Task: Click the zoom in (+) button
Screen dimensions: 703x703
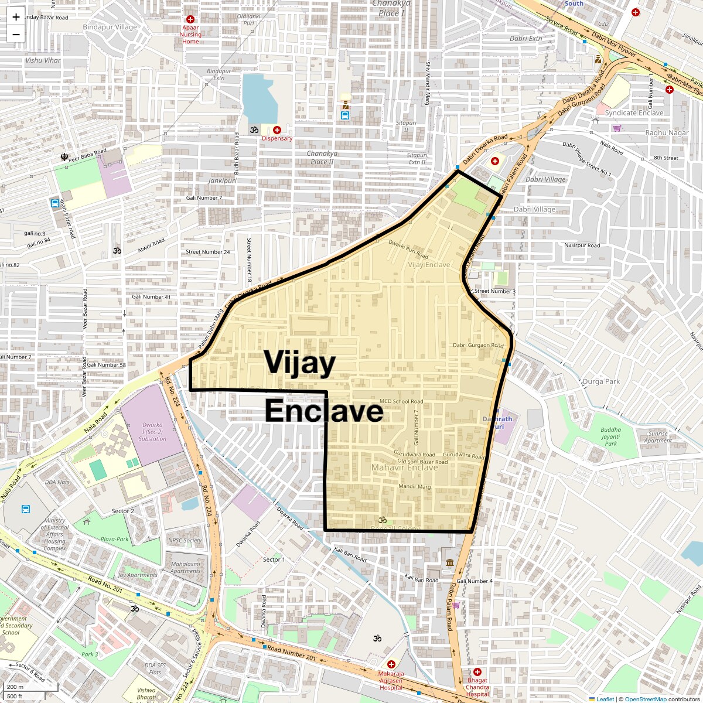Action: pos(16,17)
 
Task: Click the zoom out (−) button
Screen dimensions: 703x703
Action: pos(16,34)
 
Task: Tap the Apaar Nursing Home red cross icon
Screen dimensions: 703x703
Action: pos(190,19)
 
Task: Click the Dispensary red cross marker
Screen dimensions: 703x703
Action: pos(277,129)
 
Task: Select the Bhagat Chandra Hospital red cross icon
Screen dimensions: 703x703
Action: pos(477,671)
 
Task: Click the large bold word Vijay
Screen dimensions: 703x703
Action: pos(299,363)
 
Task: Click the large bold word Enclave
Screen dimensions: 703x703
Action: pos(324,412)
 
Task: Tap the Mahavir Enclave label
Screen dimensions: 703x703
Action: pos(404,467)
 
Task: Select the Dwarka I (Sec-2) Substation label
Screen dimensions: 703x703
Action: pos(153,432)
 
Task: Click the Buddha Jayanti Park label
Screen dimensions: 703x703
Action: pos(610,436)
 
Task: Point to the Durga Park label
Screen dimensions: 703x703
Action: pos(601,381)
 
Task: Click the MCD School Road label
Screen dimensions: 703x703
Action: pos(401,401)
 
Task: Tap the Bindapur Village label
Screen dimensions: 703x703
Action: pos(110,27)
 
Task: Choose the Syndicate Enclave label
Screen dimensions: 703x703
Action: pos(634,112)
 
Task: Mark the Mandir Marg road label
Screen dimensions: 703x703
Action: pos(414,487)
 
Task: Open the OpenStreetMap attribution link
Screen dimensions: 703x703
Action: pos(645,699)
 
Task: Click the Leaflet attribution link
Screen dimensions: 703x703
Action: pos(605,699)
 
